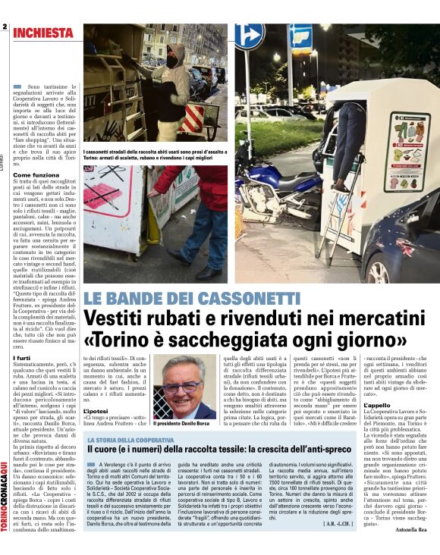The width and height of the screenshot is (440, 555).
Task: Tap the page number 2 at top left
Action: click(5, 27)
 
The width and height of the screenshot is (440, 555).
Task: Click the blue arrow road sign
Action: click(249, 36)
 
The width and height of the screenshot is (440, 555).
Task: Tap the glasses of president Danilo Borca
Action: click(183, 387)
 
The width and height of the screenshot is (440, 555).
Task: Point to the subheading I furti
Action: click(22, 358)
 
